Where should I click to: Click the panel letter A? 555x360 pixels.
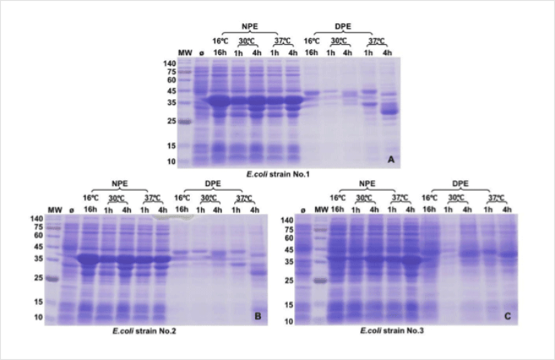(x=391, y=160)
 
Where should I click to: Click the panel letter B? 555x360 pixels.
(x=256, y=316)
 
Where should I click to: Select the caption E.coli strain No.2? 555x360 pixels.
(x=151, y=331)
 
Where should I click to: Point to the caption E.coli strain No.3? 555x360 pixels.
(x=405, y=331)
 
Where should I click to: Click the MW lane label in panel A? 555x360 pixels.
(x=184, y=53)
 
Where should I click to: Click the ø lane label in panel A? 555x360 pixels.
(x=202, y=53)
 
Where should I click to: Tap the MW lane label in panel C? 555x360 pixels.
(x=317, y=209)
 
